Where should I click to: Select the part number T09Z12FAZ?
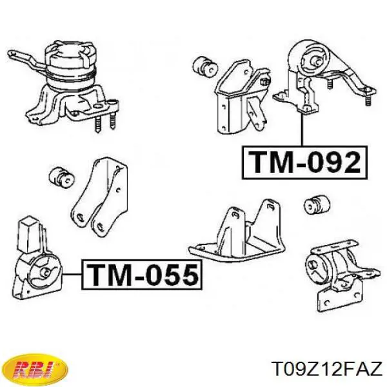(326, 369)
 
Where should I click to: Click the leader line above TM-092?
(302, 129)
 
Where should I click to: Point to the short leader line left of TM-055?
(72, 274)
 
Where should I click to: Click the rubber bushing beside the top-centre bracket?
(204, 66)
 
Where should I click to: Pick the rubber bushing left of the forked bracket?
(62, 178)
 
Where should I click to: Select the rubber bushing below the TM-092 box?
(317, 204)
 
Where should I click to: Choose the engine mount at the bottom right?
(342, 274)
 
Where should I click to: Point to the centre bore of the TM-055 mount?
(46, 272)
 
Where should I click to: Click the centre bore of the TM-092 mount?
(317, 62)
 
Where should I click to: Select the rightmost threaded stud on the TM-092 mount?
(368, 99)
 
